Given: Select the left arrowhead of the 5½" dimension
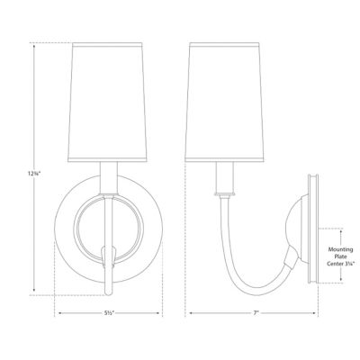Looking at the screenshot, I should (x=60, y=314).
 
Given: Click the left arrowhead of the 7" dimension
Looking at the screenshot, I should (x=189, y=314).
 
